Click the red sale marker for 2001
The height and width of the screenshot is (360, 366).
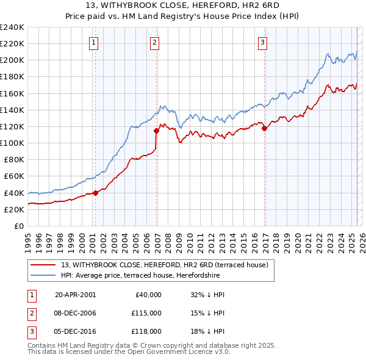coord(95,193)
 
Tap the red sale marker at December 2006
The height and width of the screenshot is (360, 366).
coord(157,131)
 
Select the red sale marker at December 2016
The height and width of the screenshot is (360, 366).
coord(264,128)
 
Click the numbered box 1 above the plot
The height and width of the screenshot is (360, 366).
coord(93,43)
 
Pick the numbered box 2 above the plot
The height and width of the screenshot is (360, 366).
coord(155,43)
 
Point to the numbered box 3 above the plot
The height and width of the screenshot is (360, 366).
coord(262,43)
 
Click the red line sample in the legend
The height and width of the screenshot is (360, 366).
coord(43,265)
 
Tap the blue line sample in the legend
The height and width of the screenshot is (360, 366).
coord(43,275)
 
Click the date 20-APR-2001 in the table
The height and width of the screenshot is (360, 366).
coord(75,294)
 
